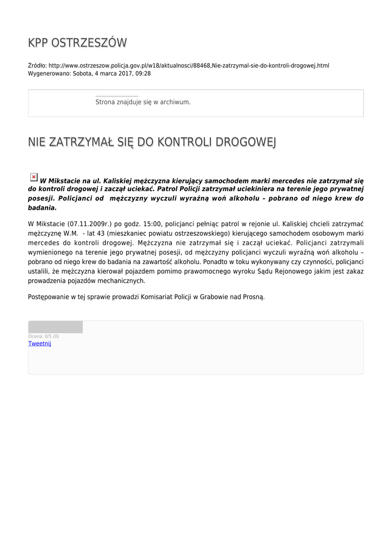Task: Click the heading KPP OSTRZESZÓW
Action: (77, 43)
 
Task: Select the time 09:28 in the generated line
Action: (143, 74)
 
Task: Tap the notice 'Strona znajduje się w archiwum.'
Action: (143, 102)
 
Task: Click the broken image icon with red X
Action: (34, 177)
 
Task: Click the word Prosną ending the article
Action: (253, 297)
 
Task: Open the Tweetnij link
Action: (39, 344)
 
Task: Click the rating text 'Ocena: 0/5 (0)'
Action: (44, 337)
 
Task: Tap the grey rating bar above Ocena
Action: (56, 327)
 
